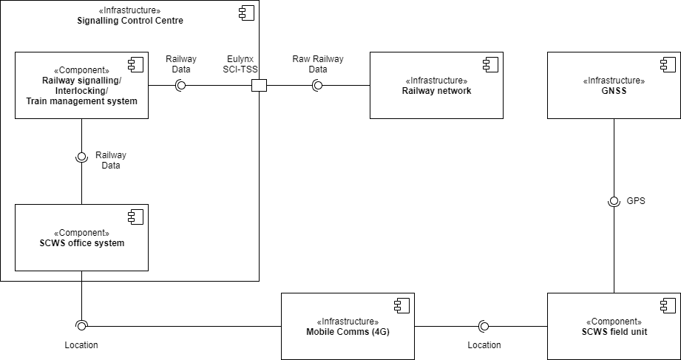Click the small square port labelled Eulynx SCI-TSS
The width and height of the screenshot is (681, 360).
(x=259, y=86)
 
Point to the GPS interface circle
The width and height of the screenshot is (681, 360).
(x=614, y=201)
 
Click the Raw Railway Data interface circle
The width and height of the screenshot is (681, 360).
(x=317, y=86)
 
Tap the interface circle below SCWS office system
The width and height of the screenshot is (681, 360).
(x=81, y=325)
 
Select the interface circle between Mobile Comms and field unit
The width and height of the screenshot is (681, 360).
(x=484, y=326)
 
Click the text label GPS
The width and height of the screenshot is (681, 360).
(x=636, y=201)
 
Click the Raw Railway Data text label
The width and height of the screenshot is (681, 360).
(x=318, y=64)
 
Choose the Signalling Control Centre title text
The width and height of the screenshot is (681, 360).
(x=130, y=16)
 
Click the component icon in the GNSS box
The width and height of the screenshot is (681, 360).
(x=668, y=64)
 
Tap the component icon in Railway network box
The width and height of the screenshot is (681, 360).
(x=490, y=64)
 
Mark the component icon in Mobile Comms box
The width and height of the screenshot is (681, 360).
(x=402, y=305)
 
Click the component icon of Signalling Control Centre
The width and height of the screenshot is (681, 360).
(x=246, y=13)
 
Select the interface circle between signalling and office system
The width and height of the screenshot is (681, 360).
(x=81, y=157)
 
